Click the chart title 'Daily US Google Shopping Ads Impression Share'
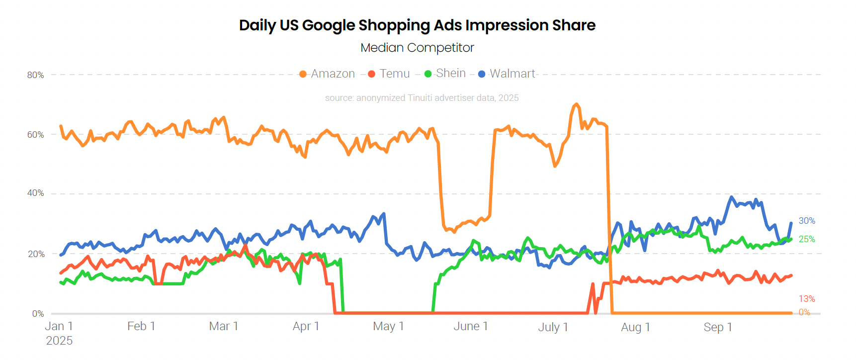[417, 25]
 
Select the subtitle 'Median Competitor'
[417, 48]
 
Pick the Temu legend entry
[389, 74]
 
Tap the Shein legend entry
[445, 74]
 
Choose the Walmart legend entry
[507, 74]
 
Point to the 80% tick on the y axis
[36, 75]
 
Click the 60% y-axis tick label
[36, 135]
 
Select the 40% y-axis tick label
[36, 193]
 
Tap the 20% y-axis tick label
[36, 254]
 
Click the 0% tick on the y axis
[38, 314]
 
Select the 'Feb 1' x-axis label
[141, 326]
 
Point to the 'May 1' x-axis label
[388, 326]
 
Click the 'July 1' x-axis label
[553, 327]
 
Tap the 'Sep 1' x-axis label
[718, 327]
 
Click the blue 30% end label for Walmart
[807, 221]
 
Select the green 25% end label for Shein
[807, 239]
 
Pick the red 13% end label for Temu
[807, 299]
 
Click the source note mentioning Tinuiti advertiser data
[422, 98]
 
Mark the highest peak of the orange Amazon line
[576, 104]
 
